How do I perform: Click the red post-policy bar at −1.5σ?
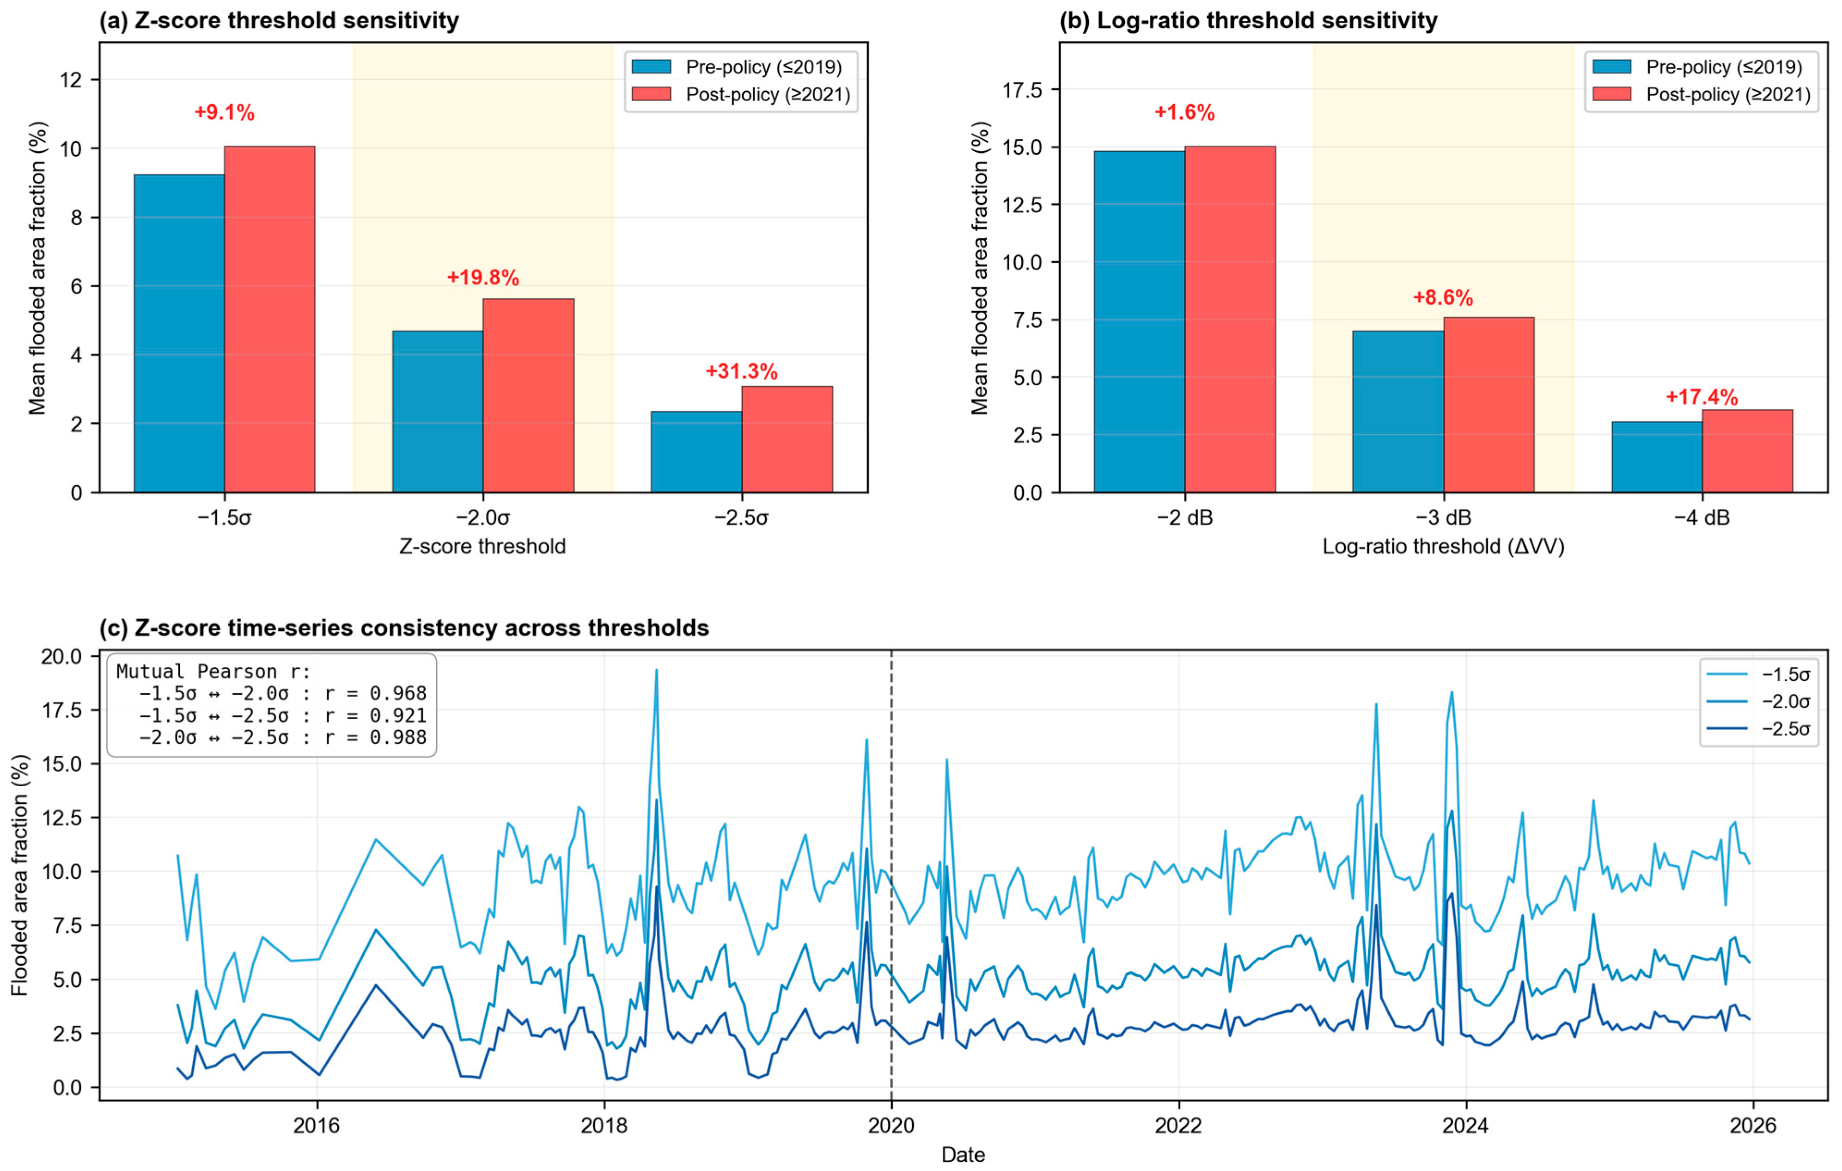(x=269, y=319)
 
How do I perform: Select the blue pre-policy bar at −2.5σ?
(x=696, y=451)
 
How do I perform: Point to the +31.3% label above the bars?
(x=741, y=371)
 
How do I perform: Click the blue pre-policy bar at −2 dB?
(x=1139, y=321)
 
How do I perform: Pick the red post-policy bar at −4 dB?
(x=1747, y=451)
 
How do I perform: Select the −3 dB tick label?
(x=1444, y=518)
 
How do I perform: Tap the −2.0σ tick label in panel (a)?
(x=483, y=518)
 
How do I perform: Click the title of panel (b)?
(x=1248, y=21)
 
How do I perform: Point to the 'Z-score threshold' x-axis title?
(x=483, y=547)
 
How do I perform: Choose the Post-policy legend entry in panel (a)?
(x=740, y=94)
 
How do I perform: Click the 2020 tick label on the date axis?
(x=891, y=1125)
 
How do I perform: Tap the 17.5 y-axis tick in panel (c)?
(x=61, y=710)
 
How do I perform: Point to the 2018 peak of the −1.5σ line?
(x=656, y=671)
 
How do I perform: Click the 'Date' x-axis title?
(x=963, y=1154)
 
